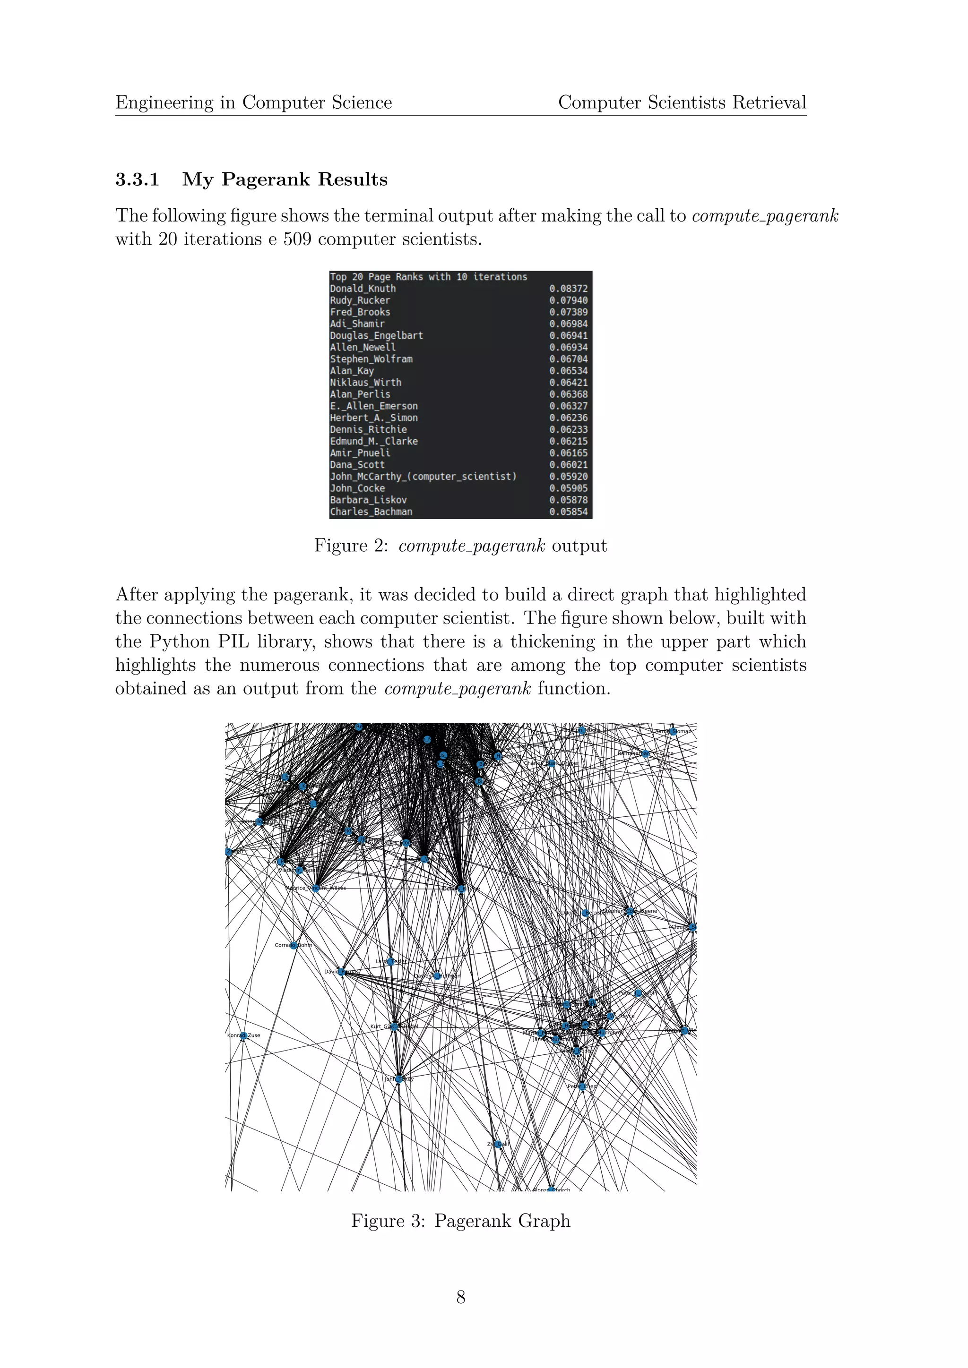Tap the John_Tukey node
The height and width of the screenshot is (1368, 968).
[x=399, y=1078]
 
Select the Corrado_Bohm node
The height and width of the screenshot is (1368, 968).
[x=293, y=945]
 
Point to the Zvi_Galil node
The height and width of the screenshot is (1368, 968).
[x=498, y=1144]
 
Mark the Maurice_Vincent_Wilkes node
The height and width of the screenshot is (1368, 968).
[x=316, y=888]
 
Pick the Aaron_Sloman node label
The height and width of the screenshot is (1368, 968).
[x=674, y=731]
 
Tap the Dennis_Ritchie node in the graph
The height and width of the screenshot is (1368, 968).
[x=461, y=889]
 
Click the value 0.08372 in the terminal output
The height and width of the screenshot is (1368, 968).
[x=568, y=288]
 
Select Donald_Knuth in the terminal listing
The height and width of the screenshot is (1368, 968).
[x=363, y=288]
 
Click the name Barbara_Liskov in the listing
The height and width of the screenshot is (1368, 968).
[x=368, y=500]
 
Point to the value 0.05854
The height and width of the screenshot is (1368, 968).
[x=568, y=512]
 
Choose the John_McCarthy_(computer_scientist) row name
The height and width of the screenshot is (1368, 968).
[x=423, y=477]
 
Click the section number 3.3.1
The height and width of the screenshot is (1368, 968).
[x=137, y=180]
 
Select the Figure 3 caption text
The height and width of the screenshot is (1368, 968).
[x=460, y=1220]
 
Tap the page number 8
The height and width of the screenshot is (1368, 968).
[x=460, y=1297]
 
